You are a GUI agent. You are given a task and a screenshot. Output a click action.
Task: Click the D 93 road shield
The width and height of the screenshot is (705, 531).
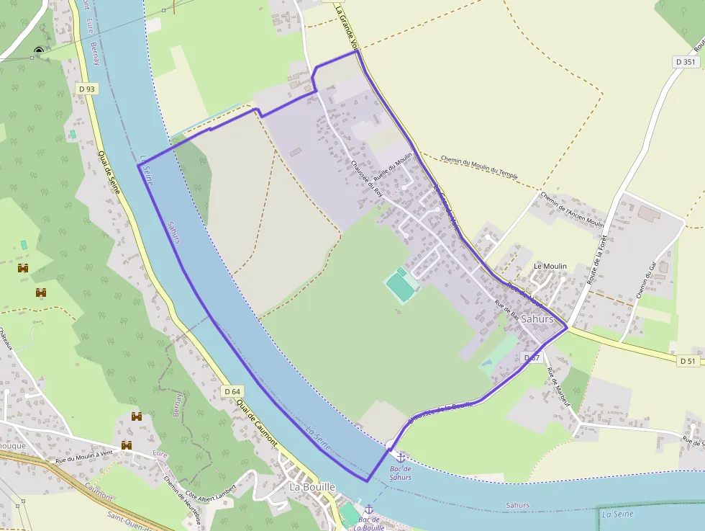[86, 89]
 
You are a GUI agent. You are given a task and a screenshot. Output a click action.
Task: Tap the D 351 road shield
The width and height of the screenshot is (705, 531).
[686, 62]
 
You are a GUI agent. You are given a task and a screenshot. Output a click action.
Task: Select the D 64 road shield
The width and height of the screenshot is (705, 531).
[232, 391]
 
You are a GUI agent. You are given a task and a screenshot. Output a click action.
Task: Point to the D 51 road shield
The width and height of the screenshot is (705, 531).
[688, 360]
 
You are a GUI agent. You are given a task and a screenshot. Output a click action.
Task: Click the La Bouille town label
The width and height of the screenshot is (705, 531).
[312, 486]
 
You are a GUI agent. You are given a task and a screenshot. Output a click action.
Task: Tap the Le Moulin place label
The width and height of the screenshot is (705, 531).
[550, 266]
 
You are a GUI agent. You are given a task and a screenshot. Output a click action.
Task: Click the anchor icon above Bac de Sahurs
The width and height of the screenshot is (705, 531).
[401, 457]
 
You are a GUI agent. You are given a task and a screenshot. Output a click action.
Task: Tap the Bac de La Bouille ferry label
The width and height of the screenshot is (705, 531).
[369, 522]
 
